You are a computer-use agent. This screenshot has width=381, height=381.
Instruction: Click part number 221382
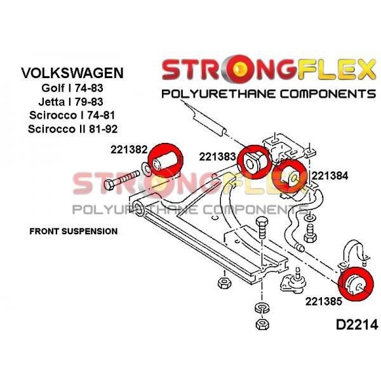coord(129,149)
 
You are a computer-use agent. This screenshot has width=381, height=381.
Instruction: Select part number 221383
coord(217,157)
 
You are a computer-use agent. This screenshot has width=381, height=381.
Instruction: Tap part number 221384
coord(330,175)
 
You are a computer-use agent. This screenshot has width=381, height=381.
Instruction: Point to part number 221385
coord(324,301)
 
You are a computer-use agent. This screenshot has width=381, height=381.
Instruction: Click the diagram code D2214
coord(357,324)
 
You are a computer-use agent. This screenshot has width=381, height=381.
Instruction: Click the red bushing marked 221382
coord(165,160)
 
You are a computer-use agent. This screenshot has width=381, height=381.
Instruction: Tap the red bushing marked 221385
coord(356,284)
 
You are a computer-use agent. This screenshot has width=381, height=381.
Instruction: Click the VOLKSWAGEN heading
coord(72,72)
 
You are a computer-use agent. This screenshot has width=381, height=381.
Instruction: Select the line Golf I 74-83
coord(72,88)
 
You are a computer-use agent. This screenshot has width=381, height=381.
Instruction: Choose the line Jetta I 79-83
coord(70,102)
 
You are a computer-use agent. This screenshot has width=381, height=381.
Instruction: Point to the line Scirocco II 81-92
coord(72,129)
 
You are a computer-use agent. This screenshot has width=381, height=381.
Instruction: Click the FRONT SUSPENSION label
coord(74,231)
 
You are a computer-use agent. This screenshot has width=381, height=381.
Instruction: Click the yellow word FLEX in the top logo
coord(335,69)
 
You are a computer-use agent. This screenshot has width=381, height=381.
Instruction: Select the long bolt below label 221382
coord(122,180)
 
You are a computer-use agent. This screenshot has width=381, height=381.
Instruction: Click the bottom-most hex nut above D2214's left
coord(262,324)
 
